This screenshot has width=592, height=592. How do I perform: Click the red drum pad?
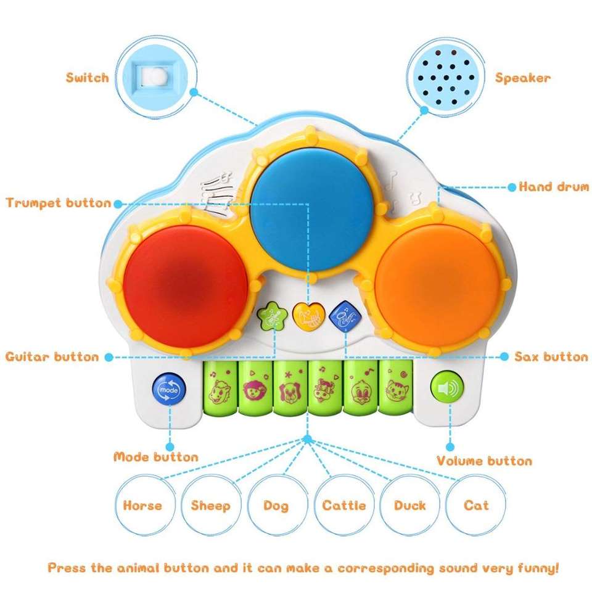tap(184, 273)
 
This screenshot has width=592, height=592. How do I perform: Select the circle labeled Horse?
tap(142, 506)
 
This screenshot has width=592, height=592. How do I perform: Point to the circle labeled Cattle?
tap(344, 506)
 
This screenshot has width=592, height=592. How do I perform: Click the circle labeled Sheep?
tap(210, 506)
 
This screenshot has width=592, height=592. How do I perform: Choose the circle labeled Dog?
tap(276, 506)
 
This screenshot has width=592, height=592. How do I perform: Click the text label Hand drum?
tap(553, 186)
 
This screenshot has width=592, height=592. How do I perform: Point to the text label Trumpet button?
tap(59, 203)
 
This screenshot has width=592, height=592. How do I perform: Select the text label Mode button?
tap(156, 457)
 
